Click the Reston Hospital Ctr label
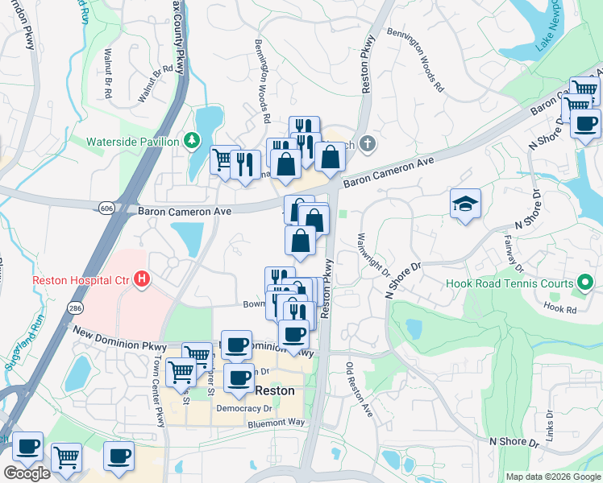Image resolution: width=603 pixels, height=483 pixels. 80,281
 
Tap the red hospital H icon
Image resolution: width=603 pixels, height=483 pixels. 143,280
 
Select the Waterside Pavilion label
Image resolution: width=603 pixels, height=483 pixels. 133,142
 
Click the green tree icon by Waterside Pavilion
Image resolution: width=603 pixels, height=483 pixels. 192,142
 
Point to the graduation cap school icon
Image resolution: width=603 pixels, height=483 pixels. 466,204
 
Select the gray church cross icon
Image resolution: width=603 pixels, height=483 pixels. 368,144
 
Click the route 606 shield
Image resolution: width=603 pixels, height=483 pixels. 107,208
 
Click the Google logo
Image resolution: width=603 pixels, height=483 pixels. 27,473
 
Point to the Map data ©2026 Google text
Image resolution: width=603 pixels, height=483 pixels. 553,477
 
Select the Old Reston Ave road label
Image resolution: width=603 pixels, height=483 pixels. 360,390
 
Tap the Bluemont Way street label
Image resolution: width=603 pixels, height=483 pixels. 277,423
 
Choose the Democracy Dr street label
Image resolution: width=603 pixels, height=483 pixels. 245,408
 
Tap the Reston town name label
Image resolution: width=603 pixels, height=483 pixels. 274,390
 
